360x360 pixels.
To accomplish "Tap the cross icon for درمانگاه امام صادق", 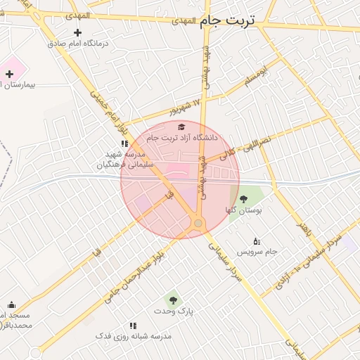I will (x=77, y=32).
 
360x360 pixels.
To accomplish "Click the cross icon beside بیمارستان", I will (x=9, y=74).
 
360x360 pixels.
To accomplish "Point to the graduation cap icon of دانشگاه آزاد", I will (x=181, y=127).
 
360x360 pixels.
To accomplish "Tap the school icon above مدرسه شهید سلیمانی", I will (x=124, y=144).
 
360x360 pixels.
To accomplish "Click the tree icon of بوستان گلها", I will (x=243, y=199).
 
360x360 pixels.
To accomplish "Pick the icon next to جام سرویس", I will (x=256, y=241).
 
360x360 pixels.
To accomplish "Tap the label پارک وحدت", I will (x=174, y=311).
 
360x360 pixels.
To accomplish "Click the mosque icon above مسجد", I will (x=11, y=305).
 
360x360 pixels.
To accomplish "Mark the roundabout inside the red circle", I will (x=198, y=224).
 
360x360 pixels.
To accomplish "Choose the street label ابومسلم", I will (x=257, y=78).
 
